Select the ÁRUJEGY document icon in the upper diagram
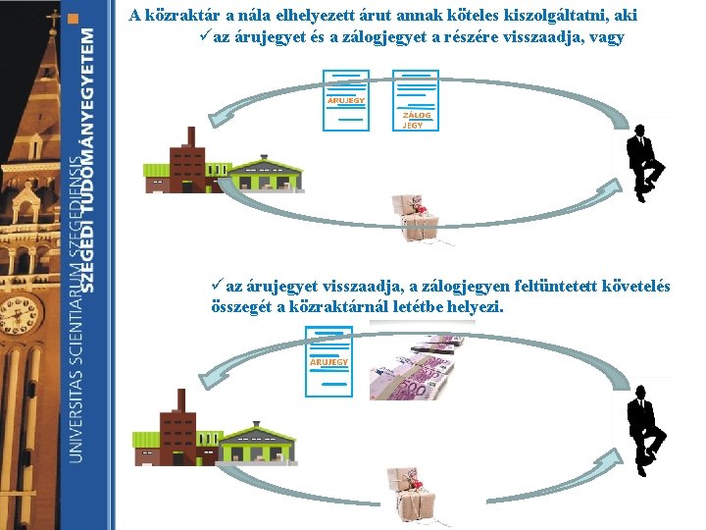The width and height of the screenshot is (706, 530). pyautogui.click(x=345, y=100)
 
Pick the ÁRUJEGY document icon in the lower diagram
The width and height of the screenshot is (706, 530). pyautogui.click(x=328, y=361)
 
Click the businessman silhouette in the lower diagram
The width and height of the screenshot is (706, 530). pyautogui.click(x=643, y=430)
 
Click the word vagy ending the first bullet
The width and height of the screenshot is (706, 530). pyautogui.click(x=605, y=38)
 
